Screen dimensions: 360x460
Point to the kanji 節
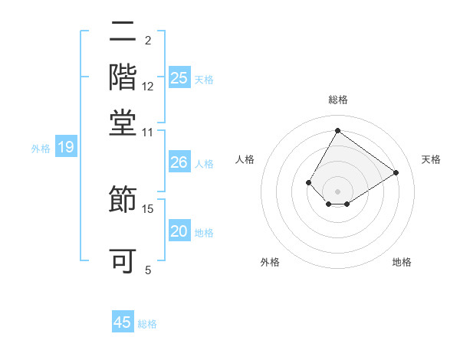123,198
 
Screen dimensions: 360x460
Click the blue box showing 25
179,77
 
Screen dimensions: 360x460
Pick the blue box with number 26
179,162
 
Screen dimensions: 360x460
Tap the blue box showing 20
179,232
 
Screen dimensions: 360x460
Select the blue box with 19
66,148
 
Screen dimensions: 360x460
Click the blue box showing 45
123,322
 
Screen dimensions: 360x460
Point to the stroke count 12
148,87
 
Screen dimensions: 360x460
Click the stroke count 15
148,208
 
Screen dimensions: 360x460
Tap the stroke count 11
148,132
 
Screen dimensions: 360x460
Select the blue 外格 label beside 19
41,149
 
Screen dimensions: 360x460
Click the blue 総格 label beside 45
147,324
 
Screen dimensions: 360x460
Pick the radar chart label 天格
431,159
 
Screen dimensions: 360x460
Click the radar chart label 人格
245,159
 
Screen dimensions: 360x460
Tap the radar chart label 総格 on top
338,100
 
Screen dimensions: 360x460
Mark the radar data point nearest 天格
396,173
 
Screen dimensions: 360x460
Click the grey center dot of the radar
338,191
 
